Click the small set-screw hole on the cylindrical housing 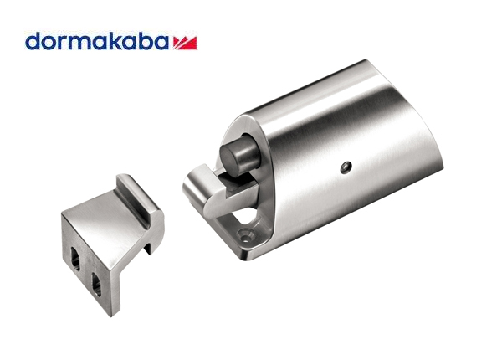pos(346,167)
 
